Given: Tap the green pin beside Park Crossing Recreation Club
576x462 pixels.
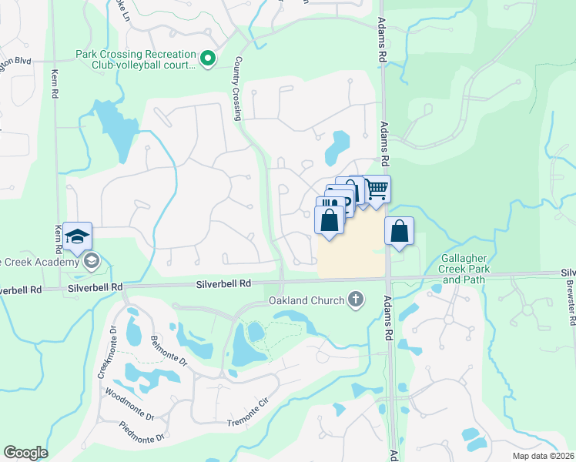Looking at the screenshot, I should click(206, 58).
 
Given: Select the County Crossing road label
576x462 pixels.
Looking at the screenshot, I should click(237, 88).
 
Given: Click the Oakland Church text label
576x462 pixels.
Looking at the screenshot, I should click(306, 300).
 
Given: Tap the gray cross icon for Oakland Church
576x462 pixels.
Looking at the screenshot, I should click(355, 299).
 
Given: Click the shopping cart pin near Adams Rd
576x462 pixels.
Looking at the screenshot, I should click(376, 189).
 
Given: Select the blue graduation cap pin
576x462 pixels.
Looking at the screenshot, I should click(77, 236).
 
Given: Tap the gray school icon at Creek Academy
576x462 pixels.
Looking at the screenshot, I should click(92, 261).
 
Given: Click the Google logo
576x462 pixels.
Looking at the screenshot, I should click(25, 453).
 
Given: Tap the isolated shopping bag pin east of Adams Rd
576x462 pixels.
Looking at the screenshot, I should click(399, 231).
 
